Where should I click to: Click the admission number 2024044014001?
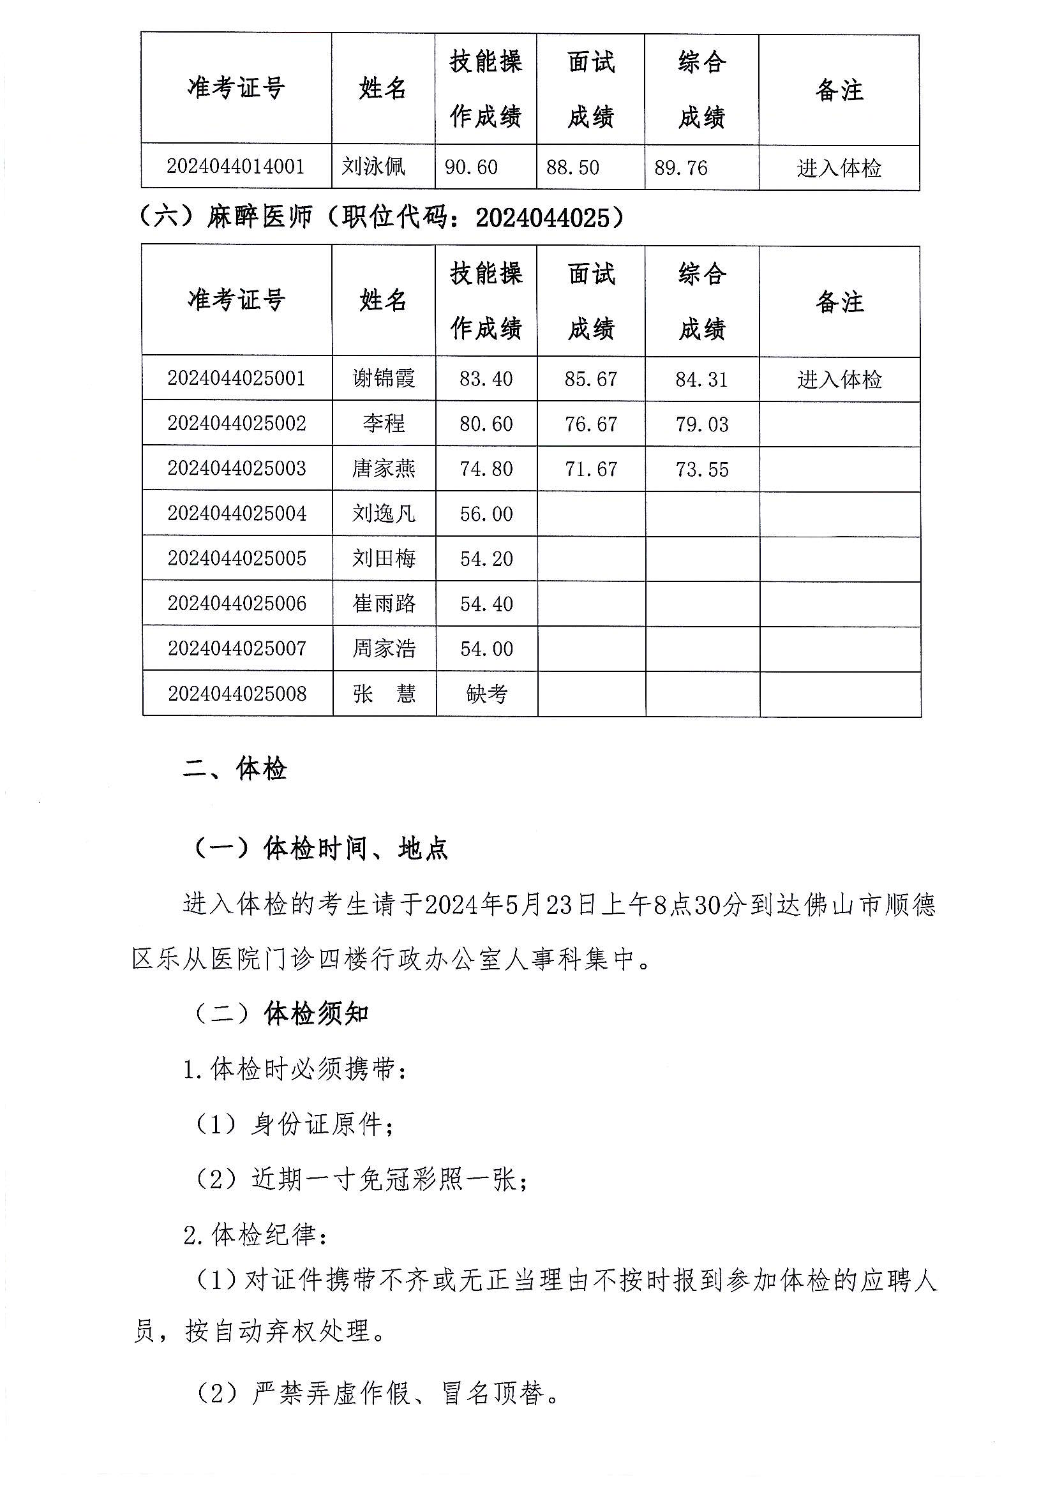[236, 167]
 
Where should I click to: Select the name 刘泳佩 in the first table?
[374, 167]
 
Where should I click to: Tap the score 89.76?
[680, 168]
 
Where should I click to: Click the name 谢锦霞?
[384, 378]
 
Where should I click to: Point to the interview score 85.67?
[590, 379]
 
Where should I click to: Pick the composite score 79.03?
[701, 424]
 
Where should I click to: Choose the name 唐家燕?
[384, 468]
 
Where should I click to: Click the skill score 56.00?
[486, 514]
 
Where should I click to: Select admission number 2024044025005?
[237, 558]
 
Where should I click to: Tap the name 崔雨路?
[384, 604]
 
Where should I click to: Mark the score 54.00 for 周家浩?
[486, 648]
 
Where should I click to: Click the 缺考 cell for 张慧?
[486, 694]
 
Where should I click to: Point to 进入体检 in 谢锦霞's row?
[839, 380]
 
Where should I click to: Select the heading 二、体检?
[235, 770]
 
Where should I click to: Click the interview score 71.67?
[590, 469]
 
